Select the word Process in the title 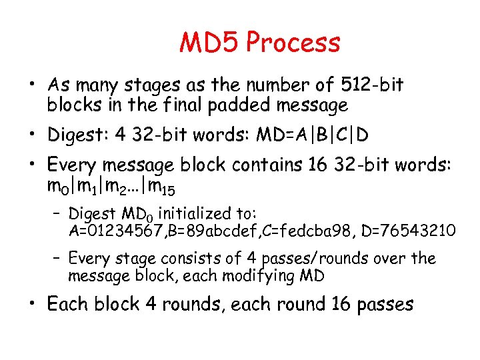pyautogui.click(x=293, y=43)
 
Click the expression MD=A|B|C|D pyautogui.click(x=309, y=135)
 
